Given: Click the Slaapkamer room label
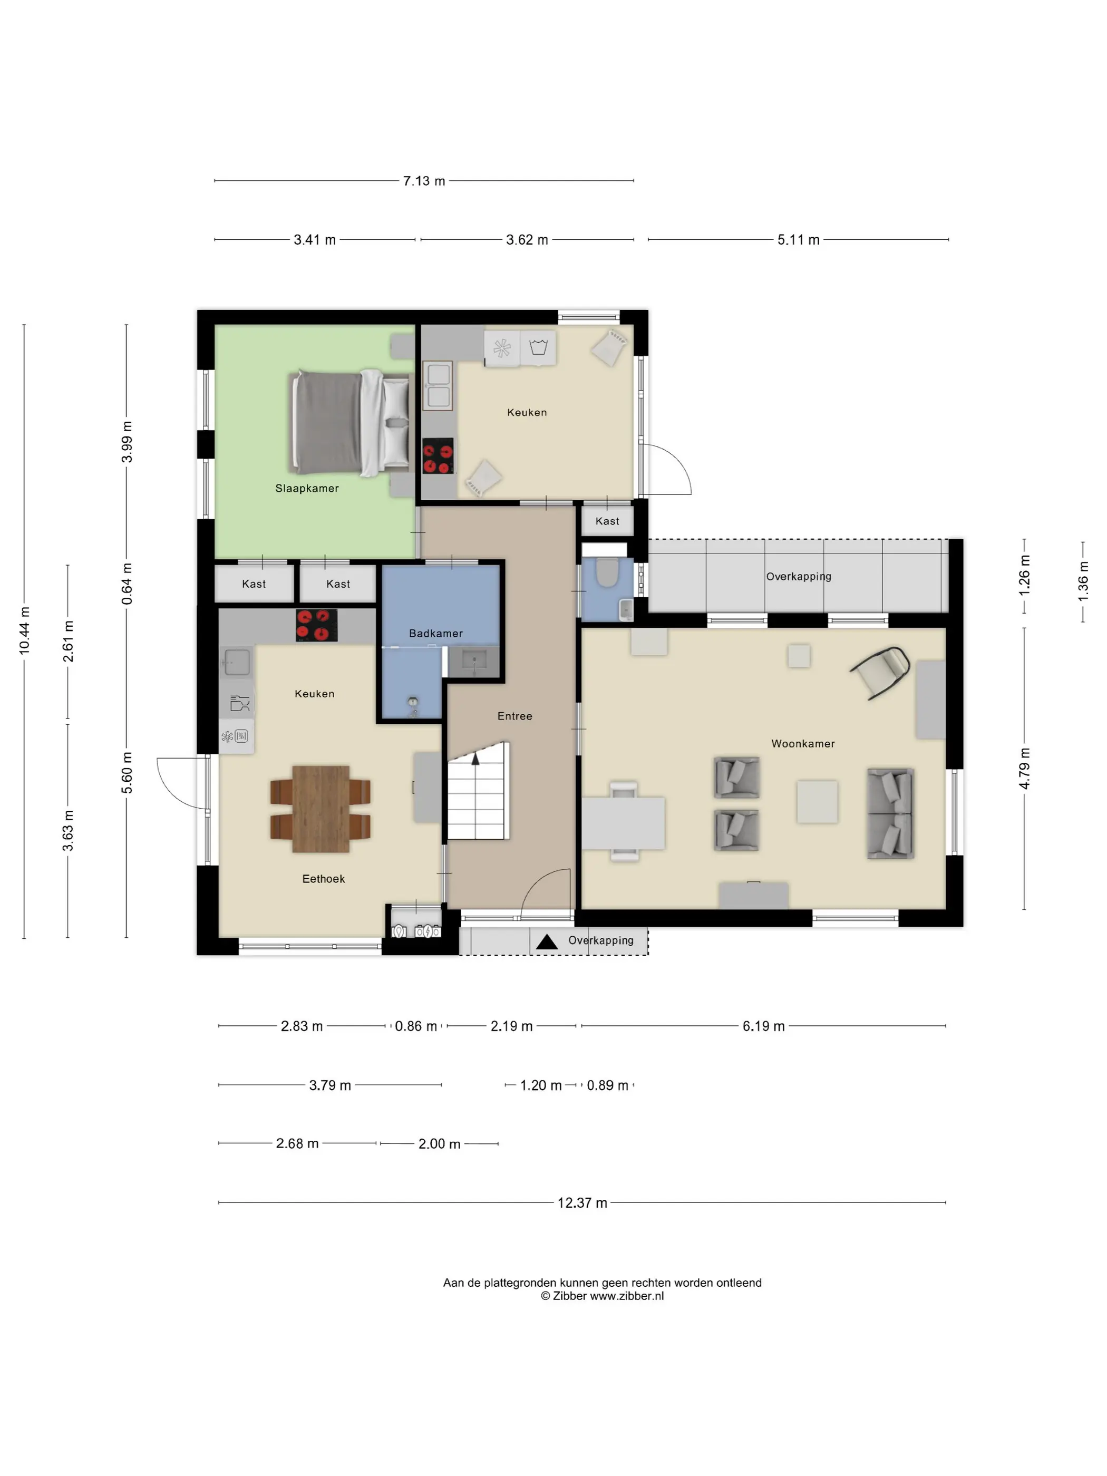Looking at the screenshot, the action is (307, 489).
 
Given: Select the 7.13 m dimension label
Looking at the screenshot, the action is (424, 181).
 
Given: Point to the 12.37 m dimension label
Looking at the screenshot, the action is (582, 1202).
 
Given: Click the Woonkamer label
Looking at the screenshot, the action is (803, 743).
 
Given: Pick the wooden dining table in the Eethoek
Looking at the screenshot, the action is (321, 809).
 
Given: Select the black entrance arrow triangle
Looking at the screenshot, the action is (547, 941).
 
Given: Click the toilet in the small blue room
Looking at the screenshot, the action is (607, 572).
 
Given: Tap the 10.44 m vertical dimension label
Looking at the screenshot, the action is (25, 630).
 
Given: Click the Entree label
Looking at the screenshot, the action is (514, 716).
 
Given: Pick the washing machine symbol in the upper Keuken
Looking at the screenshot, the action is (538, 347).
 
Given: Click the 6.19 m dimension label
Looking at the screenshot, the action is (763, 1026).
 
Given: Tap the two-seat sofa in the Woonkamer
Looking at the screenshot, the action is (890, 813).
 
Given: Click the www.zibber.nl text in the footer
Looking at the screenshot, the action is (627, 1296).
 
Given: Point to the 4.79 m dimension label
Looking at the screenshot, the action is (1024, 769).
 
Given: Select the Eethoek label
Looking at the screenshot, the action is (324, 879).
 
